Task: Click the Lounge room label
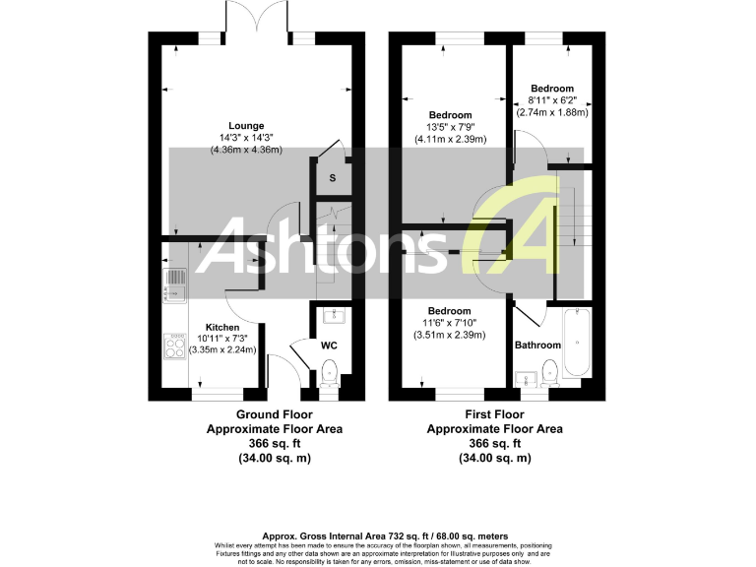pyautogui.click(x=246, y=125)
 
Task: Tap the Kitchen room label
pyautogui.click(x=222, y=327)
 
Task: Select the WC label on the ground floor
pyautogui.click(x=330, y=346)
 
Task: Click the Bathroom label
pyautogui.click(x=537, y=346)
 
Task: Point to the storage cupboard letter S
pyautogui.click(x=333, y=178)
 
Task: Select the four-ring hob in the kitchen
pyautogui.click(x=174, y=346)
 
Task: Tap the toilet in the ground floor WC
pyautogui.click(x=330, y=373)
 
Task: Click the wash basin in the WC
pyautogui.click(x=330, y=315)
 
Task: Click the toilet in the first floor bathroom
pyautogui.click(x=549, y=373)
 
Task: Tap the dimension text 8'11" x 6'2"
pyautogui.click(x=551, y=99)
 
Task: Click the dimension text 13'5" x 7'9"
pyautogui.click(x=449, y=127)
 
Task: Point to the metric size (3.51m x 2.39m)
pyautogui.click(x=449, y=336)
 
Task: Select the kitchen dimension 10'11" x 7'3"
pyautogui.click(x=222, y=339)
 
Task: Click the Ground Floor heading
pyautogui.click(x=274, y=415)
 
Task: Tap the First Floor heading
pyautogui.click(x=494, y=415)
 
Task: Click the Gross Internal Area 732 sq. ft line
pyautogui.click(x=383, y=535)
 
